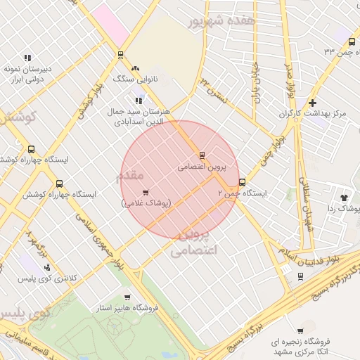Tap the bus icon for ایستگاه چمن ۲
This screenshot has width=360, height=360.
click(x=243, y=181)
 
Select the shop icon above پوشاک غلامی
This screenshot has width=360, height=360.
click(x=146, y=192)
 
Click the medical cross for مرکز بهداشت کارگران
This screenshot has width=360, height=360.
click(x=313, y=103)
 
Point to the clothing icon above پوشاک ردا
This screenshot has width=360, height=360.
click(x=344, y=198)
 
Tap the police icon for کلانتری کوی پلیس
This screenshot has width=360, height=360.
click(x=47, y=268)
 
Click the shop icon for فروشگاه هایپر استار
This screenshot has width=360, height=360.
click(x=127, y=297)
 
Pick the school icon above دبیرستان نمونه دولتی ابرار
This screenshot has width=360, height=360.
click(x=27, y=58)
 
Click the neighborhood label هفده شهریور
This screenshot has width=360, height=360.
click(x=217, y=21)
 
